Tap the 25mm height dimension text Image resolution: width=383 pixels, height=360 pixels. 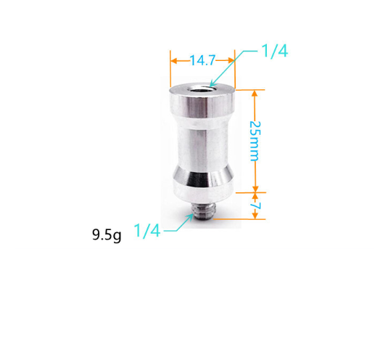pos(255,141)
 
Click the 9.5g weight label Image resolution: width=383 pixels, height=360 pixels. pos(107,234)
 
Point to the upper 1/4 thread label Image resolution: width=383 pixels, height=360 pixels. pos(275,51)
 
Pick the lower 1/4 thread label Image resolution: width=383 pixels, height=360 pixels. pos(147,231)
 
